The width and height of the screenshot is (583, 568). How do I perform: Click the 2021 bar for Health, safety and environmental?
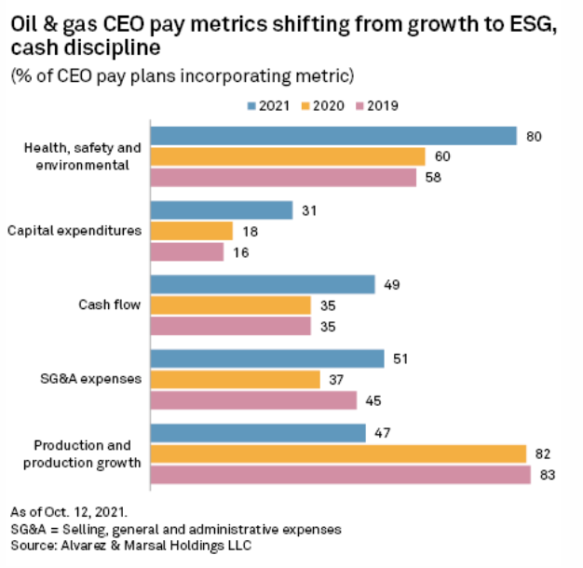[x=332, y=136]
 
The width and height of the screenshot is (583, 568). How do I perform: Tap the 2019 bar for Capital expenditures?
[x=187, y=251]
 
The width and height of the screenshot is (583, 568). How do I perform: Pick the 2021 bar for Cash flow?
[x=263, y=285]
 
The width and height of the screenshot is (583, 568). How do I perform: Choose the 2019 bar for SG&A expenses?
[x=253, y=400]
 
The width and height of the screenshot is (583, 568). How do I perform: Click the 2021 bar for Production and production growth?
[x=258, y=433]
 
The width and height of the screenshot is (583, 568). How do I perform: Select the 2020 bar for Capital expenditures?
[x=191, y=231]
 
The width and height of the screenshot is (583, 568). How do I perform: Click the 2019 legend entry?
[x=378, y=106]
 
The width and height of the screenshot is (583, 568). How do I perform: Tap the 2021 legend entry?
[x=268, y=106]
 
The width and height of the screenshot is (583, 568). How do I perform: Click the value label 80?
[x=534, y=136]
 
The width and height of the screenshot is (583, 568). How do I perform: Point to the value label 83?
[x=548, y=475]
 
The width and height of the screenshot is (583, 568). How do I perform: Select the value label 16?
[x=240, y=251]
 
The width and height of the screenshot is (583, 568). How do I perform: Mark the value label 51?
[x=401, y=358]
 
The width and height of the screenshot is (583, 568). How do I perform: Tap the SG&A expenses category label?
[x=96, y=379]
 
